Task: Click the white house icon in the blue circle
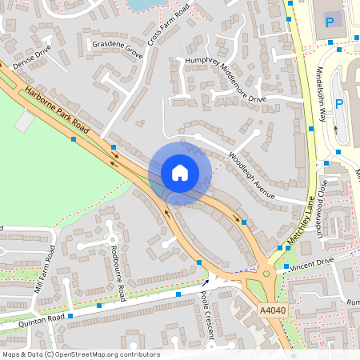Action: pyautogui.click(x=180, y=173)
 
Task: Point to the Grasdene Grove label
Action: pyautogui.click(x=117, y=50)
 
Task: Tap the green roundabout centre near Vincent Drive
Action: pyautogui.click(x=266, y=274)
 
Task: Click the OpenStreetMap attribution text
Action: pyautogui.click(x=81, y=354)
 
